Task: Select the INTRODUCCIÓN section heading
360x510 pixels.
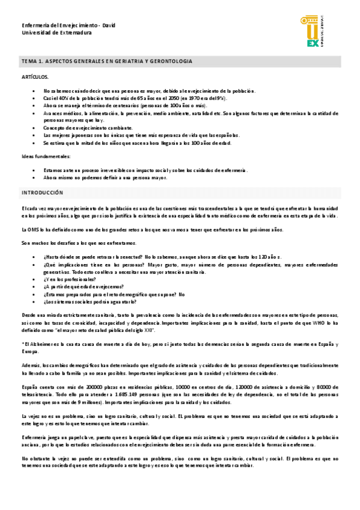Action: coord(42,192)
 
